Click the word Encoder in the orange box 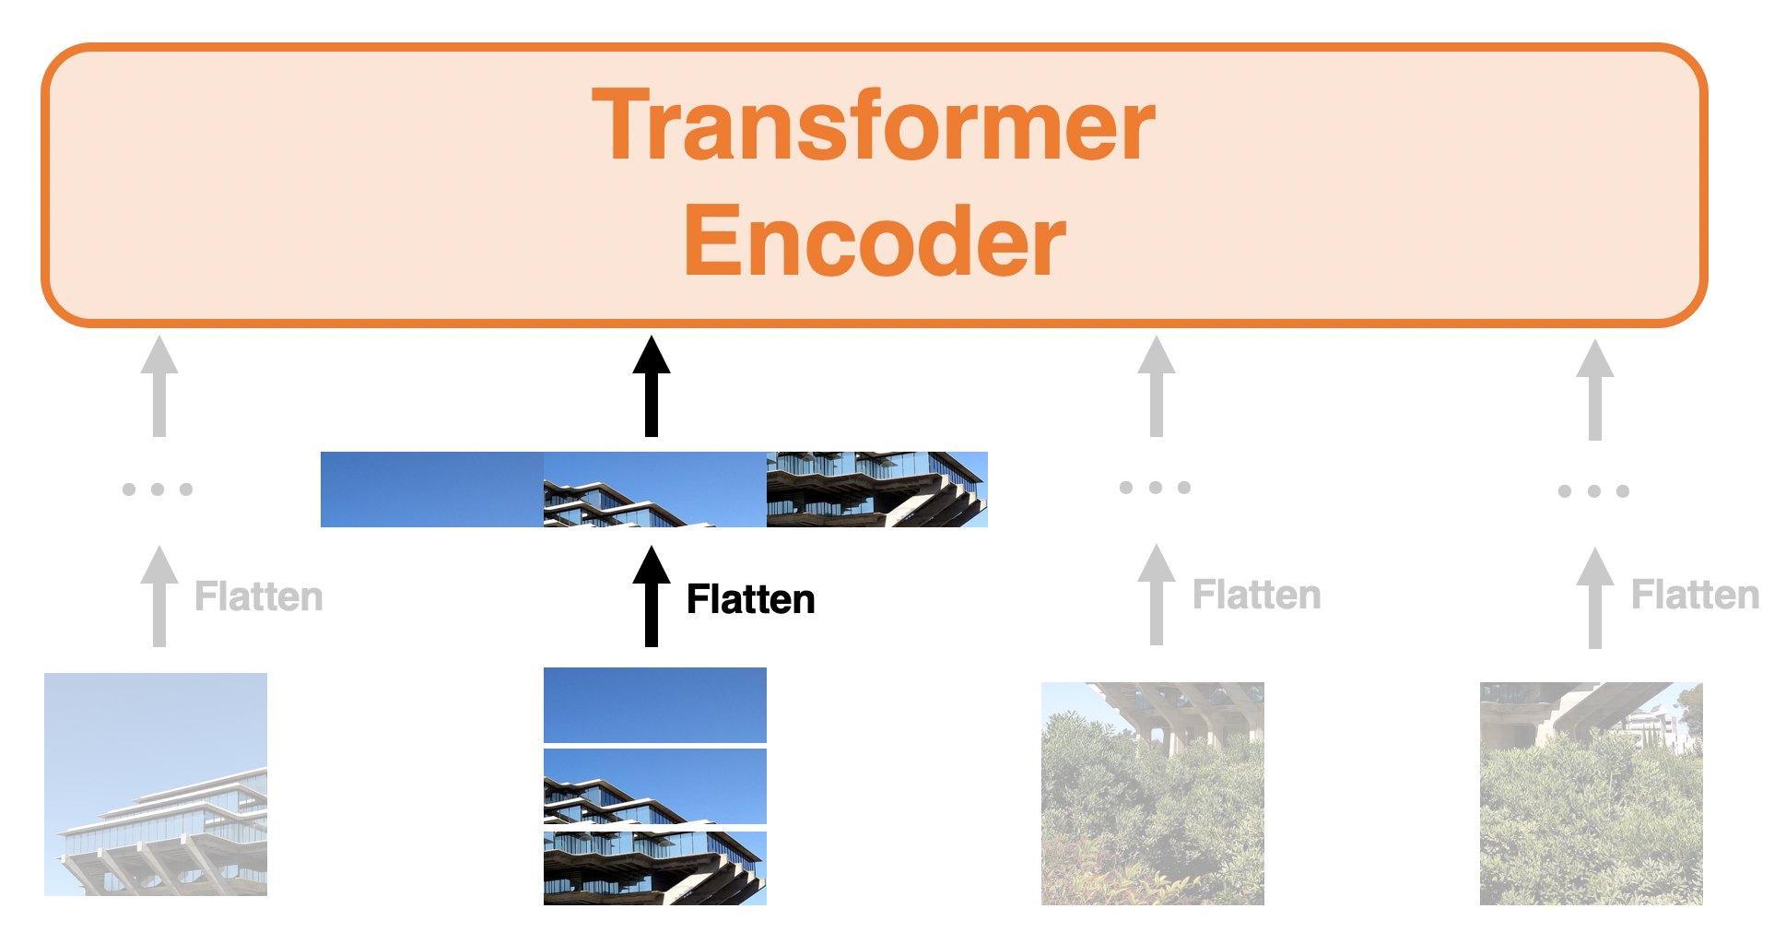(x=874, y=241)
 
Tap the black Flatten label (x=750, y=599)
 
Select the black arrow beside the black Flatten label (x=652, y=596)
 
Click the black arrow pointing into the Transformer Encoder (x=652, y=386)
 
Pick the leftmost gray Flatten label (x=259, y=596)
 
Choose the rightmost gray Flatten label (x=1695, y=595)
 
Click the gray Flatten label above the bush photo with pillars (x=1256, y=595)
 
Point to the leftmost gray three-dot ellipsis (x=158, y=489)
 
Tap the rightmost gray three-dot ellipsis (x=1593, y=491)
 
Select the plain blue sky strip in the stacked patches (x=654, y=704)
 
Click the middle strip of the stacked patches (x=654, y=785)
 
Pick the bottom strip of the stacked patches (x=654, y=867)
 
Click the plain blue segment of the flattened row (x=431, y=490)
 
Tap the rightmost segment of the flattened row (x=876, y=490)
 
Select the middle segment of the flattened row (x=654, y=490)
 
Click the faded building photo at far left (x=156, y=784)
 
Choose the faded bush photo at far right (x=1591, y=793)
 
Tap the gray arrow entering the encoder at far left (x=159, y=386)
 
